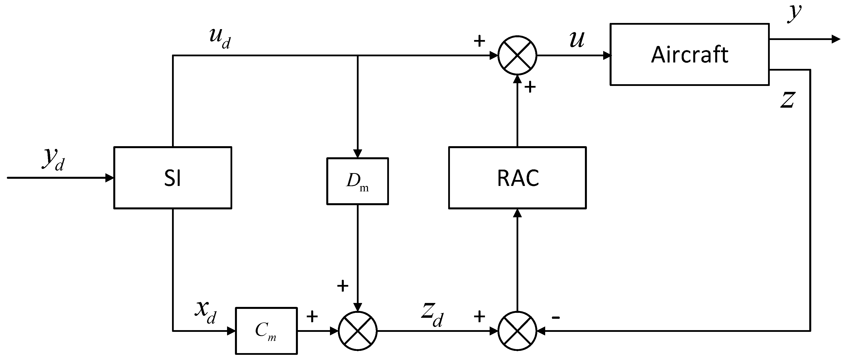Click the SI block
coord(173,178)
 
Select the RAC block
coord(517,178)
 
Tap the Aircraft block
coord(689,54)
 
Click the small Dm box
coord(358,181)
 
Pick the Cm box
coord(266,331)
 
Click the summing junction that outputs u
coord(517,55)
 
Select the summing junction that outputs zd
coord(358,331)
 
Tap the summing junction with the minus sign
coord(517,331)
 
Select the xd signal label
coord(206,312)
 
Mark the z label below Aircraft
coord(788,100)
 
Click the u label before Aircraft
coord(577,40)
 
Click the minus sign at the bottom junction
coord(556,318)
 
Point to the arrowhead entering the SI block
coord(110,178)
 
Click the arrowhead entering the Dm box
coord(358,154)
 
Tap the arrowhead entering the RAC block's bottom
coord(517,213)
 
